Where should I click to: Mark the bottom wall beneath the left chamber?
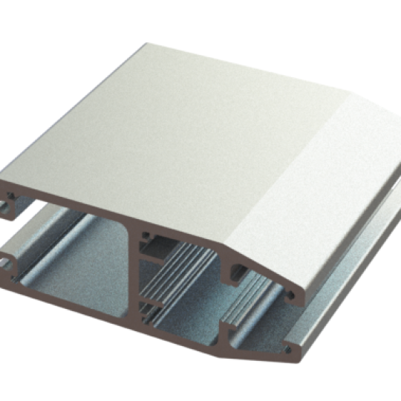click(74, 297)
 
